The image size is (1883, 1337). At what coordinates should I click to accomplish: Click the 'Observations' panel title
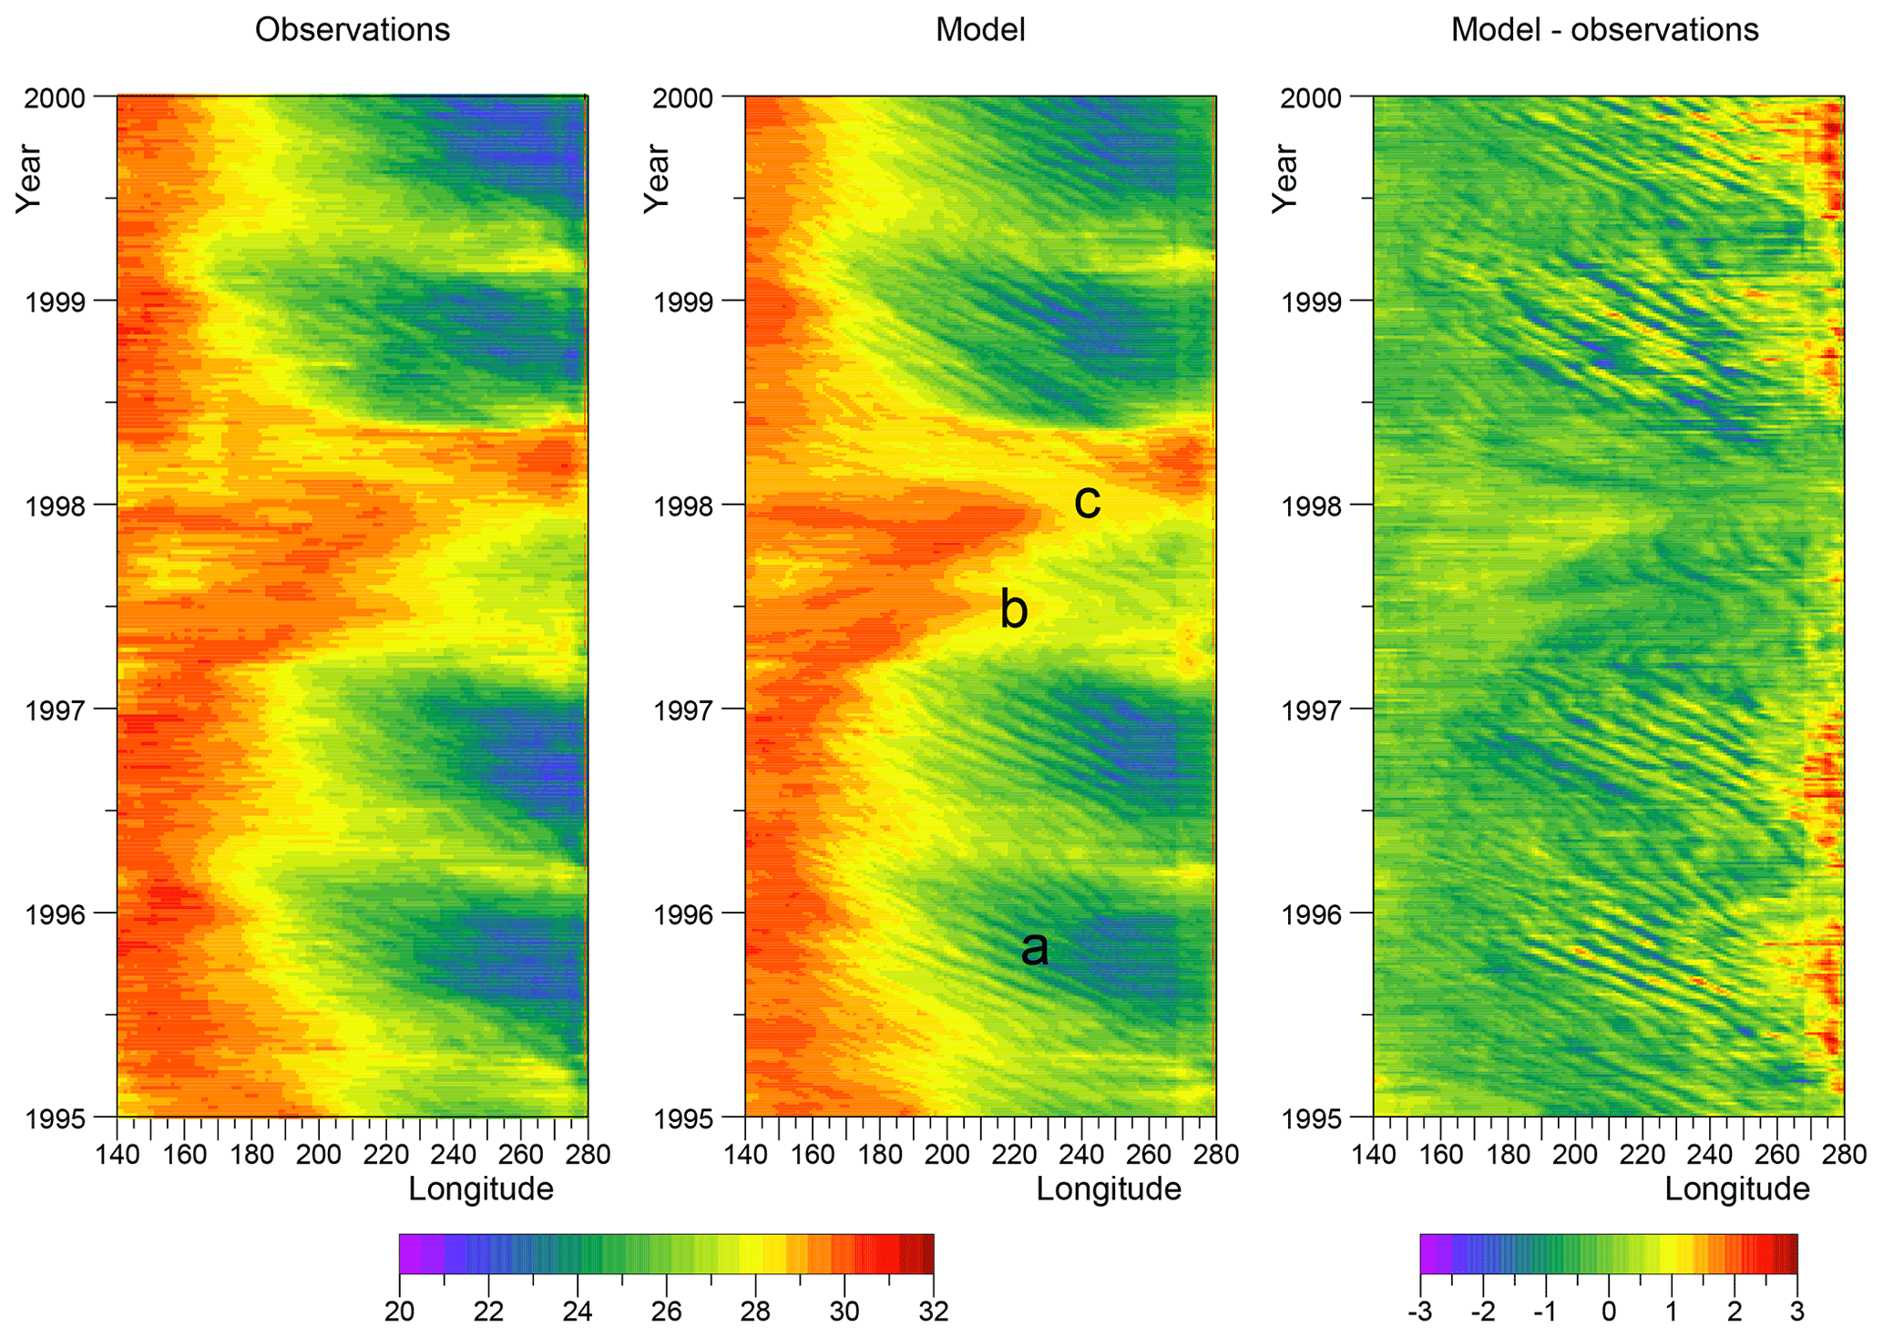tap(352, 30)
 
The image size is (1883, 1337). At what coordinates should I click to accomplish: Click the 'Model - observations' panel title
tap(1604, 30)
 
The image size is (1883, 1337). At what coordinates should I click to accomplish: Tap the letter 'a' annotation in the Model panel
tap(1034, 948)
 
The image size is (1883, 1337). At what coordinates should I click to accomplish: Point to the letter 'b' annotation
tap(1013, 607)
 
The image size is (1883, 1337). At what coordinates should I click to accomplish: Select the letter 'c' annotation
tap(1087, 500)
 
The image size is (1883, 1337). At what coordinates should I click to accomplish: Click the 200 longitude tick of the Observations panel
tap(319, 1155)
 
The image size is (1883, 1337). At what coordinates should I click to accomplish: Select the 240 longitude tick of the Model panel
tap(1081, 1155)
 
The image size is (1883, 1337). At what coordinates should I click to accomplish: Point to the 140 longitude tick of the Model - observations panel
tap(1374, 1155)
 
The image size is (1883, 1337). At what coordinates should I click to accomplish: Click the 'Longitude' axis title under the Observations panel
tap(480, 1189)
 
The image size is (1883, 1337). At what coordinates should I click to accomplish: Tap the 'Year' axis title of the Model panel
tap(657, 179)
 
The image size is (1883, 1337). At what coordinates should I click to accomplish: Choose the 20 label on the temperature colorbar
tap(400, 1311)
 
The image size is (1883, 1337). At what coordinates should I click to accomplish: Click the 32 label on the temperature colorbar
tap(933, 1311)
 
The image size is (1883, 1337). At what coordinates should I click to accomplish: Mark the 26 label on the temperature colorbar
tap(667, 1311)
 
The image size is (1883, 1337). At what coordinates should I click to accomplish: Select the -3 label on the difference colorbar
tap(1419, 1311)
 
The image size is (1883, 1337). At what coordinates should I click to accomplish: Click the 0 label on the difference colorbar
tap(1609, 1311)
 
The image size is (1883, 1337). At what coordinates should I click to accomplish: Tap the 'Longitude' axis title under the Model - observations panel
tap(1736, 1189)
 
